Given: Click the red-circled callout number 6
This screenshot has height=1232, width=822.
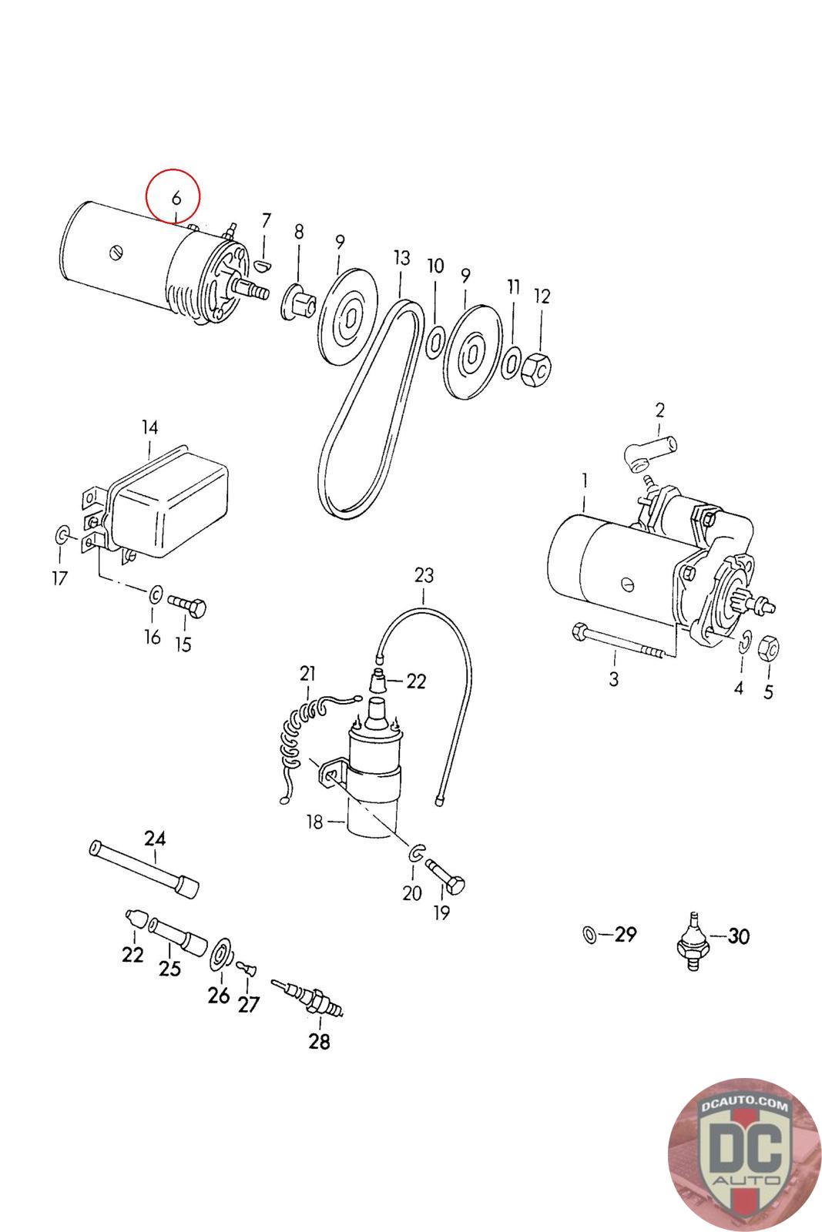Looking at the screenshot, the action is tap(176, 197).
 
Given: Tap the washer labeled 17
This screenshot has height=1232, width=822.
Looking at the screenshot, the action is tap(62, 534).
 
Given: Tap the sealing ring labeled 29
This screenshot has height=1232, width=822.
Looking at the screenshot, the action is tap(589, 934).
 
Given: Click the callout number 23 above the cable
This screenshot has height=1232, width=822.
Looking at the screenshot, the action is tap(424, 575).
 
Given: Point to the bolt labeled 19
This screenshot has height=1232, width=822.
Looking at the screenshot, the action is tap(445, 876).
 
